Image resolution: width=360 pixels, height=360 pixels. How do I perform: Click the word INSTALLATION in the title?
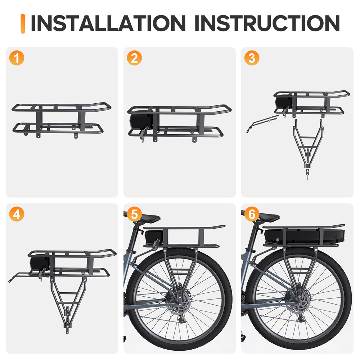point(108,23)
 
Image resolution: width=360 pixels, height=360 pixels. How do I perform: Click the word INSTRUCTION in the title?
point(267,23)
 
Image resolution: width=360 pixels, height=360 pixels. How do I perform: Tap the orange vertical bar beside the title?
point(23,24)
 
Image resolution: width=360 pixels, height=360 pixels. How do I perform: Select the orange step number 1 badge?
point(17,58)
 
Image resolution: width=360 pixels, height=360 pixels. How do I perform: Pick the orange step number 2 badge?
point(134,58)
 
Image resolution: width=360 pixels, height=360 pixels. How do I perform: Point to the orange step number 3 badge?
point(252,58)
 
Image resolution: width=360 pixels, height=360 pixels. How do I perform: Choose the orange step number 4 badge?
point(17,214)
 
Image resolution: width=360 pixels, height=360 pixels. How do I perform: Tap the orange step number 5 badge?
point(134,214)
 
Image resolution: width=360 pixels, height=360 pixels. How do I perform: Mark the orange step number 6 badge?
point(252,214)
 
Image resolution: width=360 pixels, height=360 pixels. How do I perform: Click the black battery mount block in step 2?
point(141,121)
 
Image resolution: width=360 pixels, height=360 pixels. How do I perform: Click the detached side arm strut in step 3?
point(262,123)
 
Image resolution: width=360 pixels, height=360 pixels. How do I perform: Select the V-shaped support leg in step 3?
point(308,144)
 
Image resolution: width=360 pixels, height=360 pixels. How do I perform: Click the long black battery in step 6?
point(305,235)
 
